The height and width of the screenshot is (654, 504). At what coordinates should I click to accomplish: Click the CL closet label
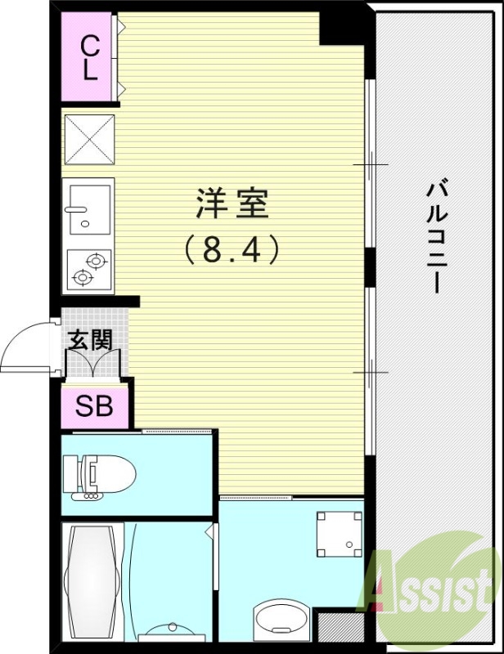click(x=89, y=57)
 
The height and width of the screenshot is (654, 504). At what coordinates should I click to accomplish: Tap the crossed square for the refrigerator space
click(x=89, y=140)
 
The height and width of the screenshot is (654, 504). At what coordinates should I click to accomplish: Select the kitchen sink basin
click(x=88, y=205)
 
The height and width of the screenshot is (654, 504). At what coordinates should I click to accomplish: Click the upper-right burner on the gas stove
click(x=97, y=262)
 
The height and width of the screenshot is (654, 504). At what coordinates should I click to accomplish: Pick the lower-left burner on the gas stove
click(x=81, y=278)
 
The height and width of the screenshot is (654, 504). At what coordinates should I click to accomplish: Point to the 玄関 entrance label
click(x=88, y=339)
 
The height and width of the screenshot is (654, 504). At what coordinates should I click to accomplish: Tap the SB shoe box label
click(x=94, y=405)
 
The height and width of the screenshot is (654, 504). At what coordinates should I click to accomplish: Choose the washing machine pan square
click(x=339, y=533)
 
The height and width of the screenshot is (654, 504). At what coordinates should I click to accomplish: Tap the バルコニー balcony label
click(x=436, y=237)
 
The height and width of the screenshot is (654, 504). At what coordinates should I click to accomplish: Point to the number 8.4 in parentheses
click(x=233, y=248)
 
